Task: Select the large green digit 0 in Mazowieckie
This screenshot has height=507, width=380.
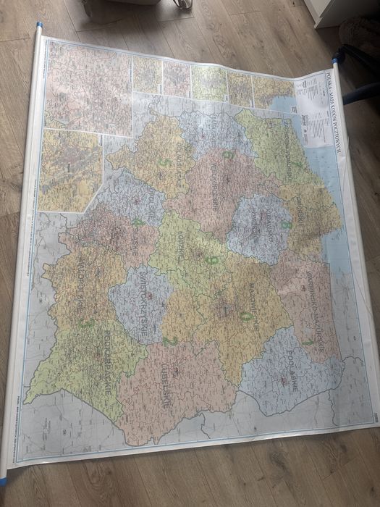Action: (x=245, y=317)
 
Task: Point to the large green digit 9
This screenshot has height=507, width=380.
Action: (x=211, y=259)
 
